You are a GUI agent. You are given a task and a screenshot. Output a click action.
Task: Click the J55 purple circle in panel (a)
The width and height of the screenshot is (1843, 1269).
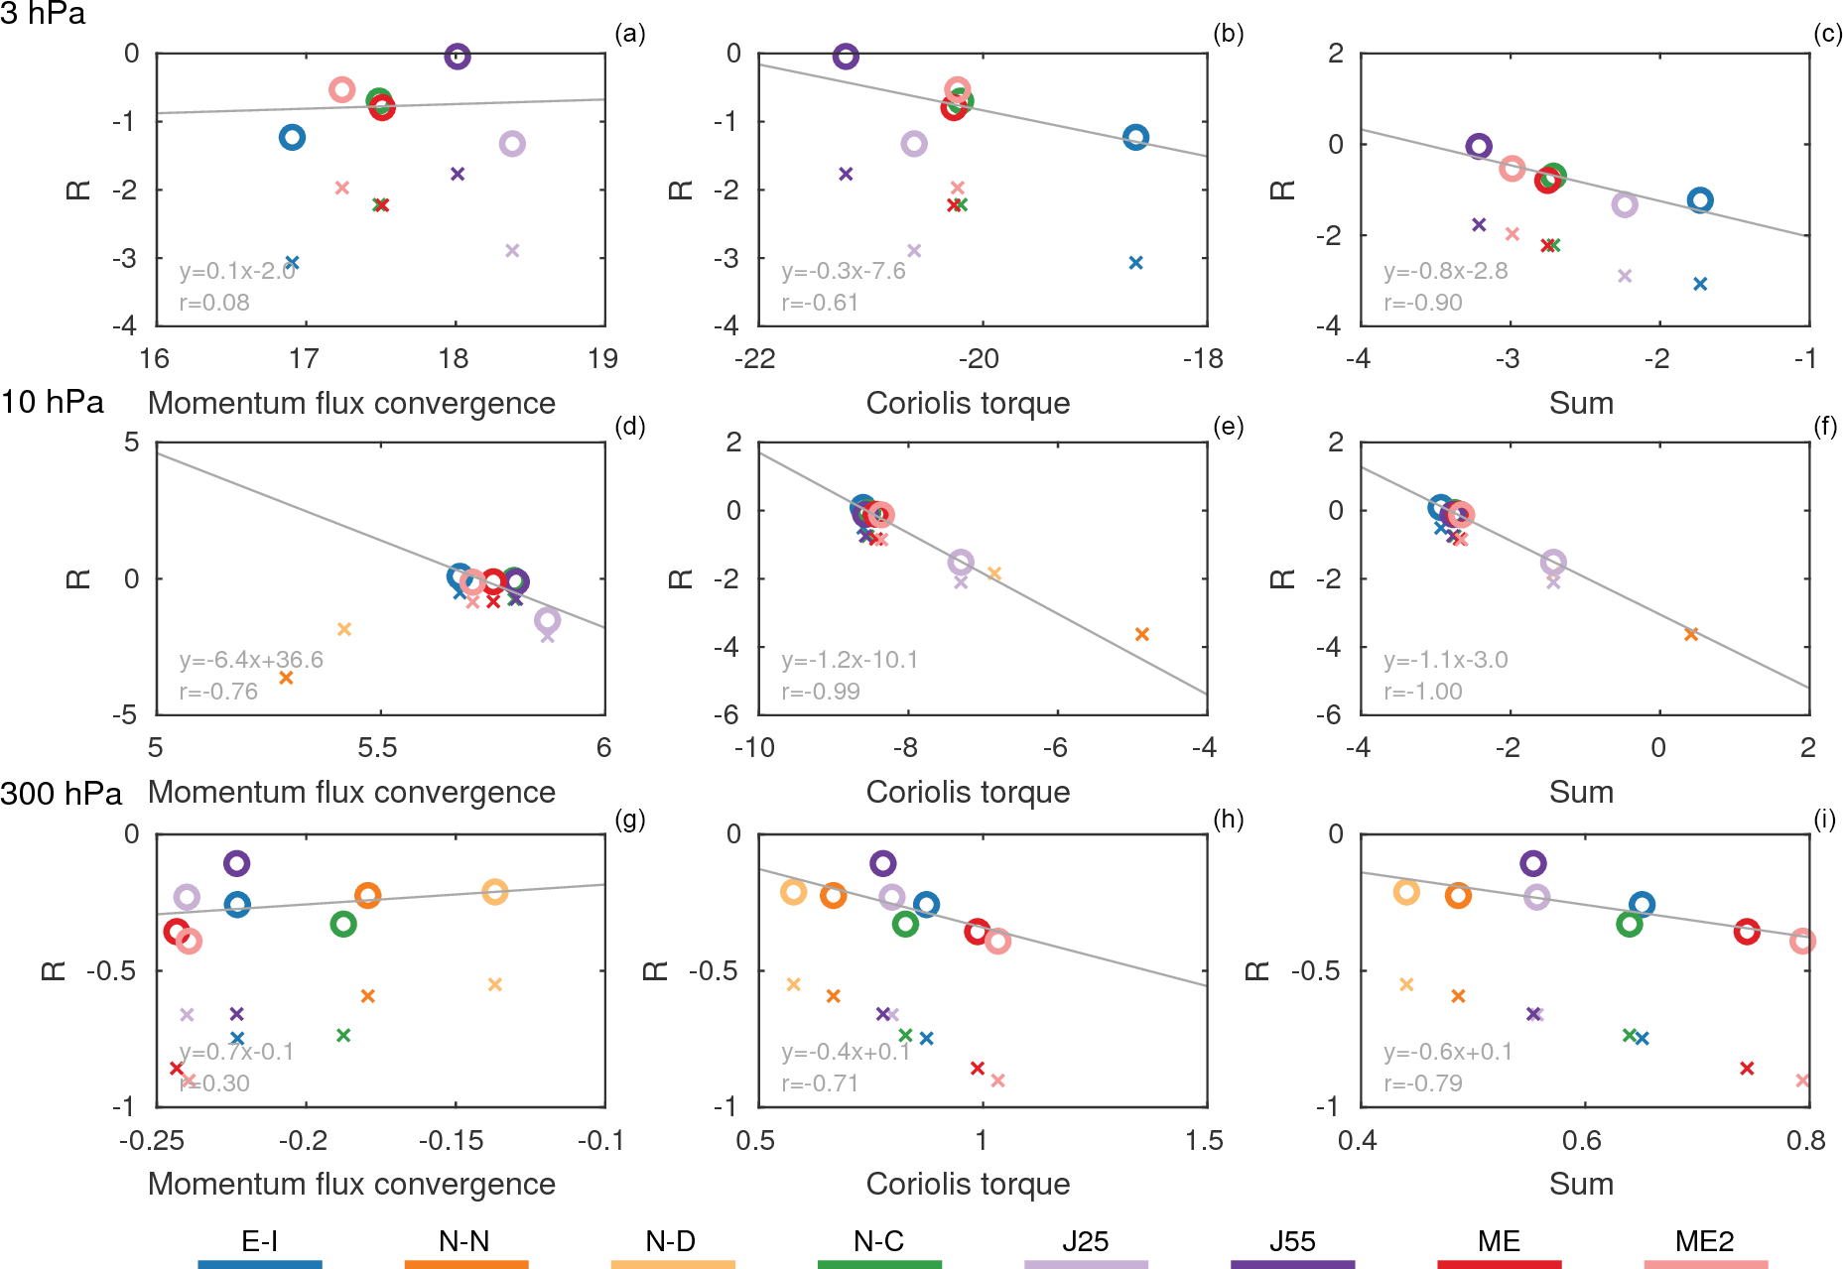(457, 57)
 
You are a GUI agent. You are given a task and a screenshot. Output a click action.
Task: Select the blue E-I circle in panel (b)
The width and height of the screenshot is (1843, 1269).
(1135, 138)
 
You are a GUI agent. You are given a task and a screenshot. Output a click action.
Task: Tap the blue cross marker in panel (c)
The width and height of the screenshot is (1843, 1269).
(1700, 284)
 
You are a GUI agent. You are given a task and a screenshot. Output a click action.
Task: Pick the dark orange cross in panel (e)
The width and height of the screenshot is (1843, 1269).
(1142, 634)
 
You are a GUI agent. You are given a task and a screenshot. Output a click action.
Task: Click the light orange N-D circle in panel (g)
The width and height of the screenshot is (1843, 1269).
(495, 892)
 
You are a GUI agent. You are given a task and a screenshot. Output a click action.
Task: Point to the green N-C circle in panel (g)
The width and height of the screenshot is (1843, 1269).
(343, 924)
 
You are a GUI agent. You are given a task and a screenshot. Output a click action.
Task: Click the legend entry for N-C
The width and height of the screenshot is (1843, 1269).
(879, 1241)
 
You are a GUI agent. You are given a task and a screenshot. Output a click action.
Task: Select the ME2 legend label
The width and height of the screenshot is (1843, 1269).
(1705, 1241)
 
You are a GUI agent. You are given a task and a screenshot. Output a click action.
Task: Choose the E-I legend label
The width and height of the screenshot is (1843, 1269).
(260, 1241)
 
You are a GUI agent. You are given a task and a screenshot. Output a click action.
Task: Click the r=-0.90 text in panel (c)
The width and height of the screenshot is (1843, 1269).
(1423, 303)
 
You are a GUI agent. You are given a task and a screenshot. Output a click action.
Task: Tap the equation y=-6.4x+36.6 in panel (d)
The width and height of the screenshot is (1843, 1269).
(251, 660)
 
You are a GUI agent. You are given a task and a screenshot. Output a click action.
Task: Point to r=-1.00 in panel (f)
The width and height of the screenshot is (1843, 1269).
(1423, 692)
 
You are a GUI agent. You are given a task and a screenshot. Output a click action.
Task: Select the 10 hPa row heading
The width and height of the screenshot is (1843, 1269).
(53, 402)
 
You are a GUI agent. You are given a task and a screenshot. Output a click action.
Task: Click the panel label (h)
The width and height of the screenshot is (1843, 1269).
(1228, 820)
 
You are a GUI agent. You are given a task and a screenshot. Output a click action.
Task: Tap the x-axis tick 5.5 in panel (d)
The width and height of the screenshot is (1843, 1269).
(377, 748)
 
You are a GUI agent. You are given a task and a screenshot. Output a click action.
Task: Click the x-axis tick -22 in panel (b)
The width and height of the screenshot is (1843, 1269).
(755, 359)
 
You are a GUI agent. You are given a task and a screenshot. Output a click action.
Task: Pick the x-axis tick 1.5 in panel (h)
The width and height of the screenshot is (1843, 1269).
(1204, 1141)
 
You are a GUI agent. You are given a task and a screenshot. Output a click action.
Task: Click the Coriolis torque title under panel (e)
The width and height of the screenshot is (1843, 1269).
(968, 792)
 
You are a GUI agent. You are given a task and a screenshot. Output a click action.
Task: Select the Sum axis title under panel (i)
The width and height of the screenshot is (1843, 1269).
(1581, 1184)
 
